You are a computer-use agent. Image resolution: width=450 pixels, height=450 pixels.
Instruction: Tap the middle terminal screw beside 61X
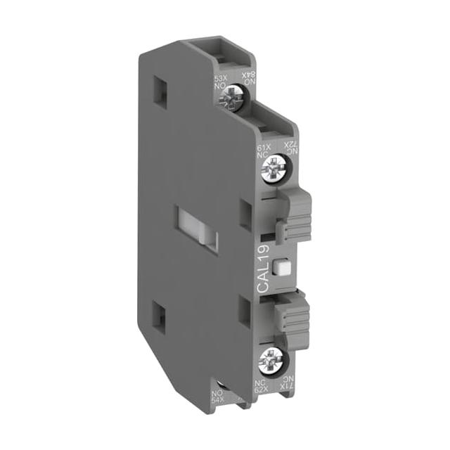tap(272, 168)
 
